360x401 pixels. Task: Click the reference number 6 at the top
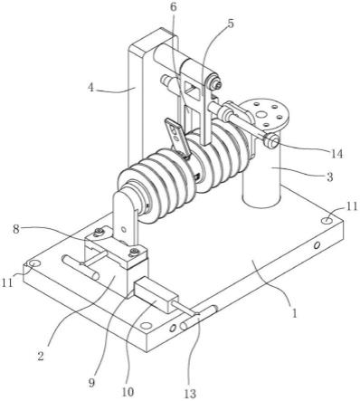pos(174,8)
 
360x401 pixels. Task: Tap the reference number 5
pos(230,24)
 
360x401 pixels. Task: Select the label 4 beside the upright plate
pos(91,88)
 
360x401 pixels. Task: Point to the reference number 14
pos(336,154)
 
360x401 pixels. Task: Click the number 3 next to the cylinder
pos(330,177)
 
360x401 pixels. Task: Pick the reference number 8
pos(16,229)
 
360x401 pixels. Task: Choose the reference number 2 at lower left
pos(41,357)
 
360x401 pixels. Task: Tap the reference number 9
pos(91,383)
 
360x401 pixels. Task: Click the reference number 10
pos(128,392)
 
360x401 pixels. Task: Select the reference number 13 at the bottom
pos(190,393)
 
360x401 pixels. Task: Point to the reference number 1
pos(295,313)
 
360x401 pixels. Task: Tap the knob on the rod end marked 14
pos(270,141)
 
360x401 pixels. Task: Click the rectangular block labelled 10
pos(156,294)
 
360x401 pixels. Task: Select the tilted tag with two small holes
pos(177,136)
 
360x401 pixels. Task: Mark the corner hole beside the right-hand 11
pos(327,221)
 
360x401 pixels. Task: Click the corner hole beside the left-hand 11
pos(34,263)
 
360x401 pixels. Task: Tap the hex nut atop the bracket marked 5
pos(216,85)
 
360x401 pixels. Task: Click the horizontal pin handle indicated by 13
pos(199,318)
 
